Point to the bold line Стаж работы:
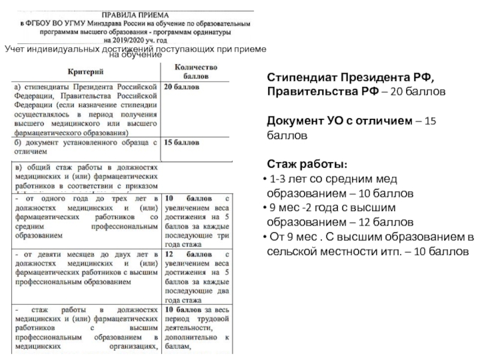(x=306, y=164)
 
